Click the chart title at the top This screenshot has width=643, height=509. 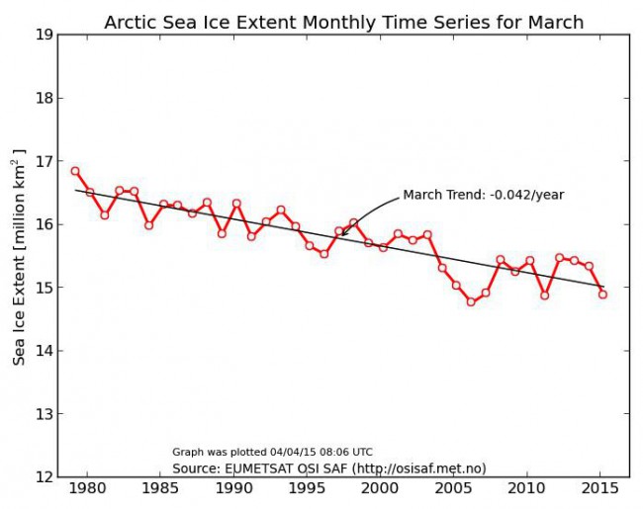click(x=343, y=22)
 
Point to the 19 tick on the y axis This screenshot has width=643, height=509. click(x=45, y=36)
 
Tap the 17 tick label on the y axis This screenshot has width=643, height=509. click(x=45, y=161)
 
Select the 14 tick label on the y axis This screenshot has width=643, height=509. click(x=45, y=351)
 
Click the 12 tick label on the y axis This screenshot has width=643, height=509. click(x=45, y=477)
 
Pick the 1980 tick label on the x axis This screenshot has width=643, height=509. click(x=88, y=488)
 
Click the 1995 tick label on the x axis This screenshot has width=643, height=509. click(x=307, y=488)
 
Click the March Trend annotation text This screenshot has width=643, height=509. click(x=483, y=195)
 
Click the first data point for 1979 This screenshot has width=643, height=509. click(x=75, y=171)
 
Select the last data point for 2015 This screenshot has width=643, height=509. click(x=602, y=295)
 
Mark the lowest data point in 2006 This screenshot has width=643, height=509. click(x=471, y=301)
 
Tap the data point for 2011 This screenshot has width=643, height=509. click(x=544, y=295)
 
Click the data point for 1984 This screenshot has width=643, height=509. click(x=148, y=225)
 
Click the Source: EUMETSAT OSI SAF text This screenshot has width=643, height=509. click(x=328, y=467)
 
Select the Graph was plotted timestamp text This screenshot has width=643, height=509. click(x=272, y=452)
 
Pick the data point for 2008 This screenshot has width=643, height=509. click(x=501, y=260)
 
